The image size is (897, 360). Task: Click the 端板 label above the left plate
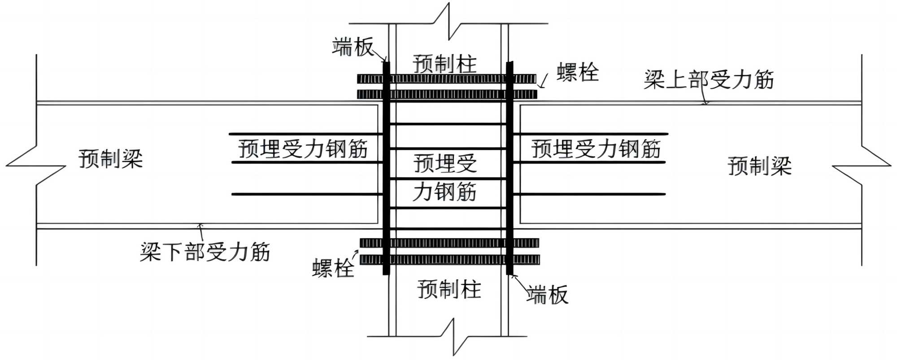(353, 47)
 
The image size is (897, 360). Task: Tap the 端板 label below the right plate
(547, 295)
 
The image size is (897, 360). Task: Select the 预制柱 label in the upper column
(444, 64)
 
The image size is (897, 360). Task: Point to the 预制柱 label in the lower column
(449, 289)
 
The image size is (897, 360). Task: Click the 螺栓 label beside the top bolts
(578, 73)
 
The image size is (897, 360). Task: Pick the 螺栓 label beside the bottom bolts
(333, 269)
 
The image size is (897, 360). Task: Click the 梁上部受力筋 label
(709, 80)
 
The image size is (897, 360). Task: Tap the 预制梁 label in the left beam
(111, 159)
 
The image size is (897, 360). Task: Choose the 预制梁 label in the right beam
(759, 166)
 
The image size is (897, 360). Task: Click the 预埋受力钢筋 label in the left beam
(303, 149)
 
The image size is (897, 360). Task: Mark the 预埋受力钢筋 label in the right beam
(596, 149)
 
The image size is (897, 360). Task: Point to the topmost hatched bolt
(447, 79)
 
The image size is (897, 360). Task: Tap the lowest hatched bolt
(450, 260)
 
